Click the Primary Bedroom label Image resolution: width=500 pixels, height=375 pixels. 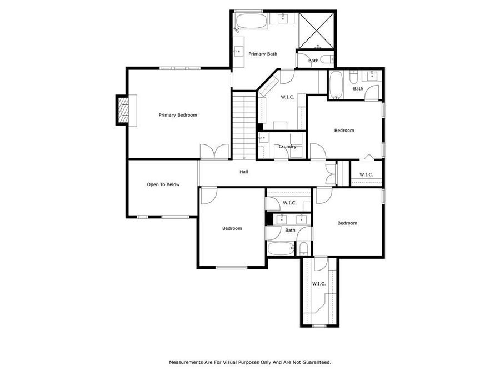point(178,115)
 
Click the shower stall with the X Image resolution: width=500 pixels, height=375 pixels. point(317,29)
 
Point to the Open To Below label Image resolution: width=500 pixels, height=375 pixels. point(163,184)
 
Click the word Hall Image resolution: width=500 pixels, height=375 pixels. point(243,172)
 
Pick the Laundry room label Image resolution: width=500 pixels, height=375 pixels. point(287,147)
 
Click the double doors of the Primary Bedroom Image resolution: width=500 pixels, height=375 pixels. point(214,152)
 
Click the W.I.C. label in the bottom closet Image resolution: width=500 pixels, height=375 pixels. point(318,284)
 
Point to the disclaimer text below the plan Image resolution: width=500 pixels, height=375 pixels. point(250,362)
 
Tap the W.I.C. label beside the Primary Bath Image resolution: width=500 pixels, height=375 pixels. point(287,97)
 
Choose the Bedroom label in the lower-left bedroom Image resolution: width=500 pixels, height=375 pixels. point(232,228)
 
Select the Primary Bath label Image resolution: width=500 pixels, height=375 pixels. point(262,54)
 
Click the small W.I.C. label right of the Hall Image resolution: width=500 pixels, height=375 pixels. point(366,175)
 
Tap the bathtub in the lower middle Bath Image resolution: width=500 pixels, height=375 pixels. point(281,248)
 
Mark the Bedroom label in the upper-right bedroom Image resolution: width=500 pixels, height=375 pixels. point(344,131)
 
